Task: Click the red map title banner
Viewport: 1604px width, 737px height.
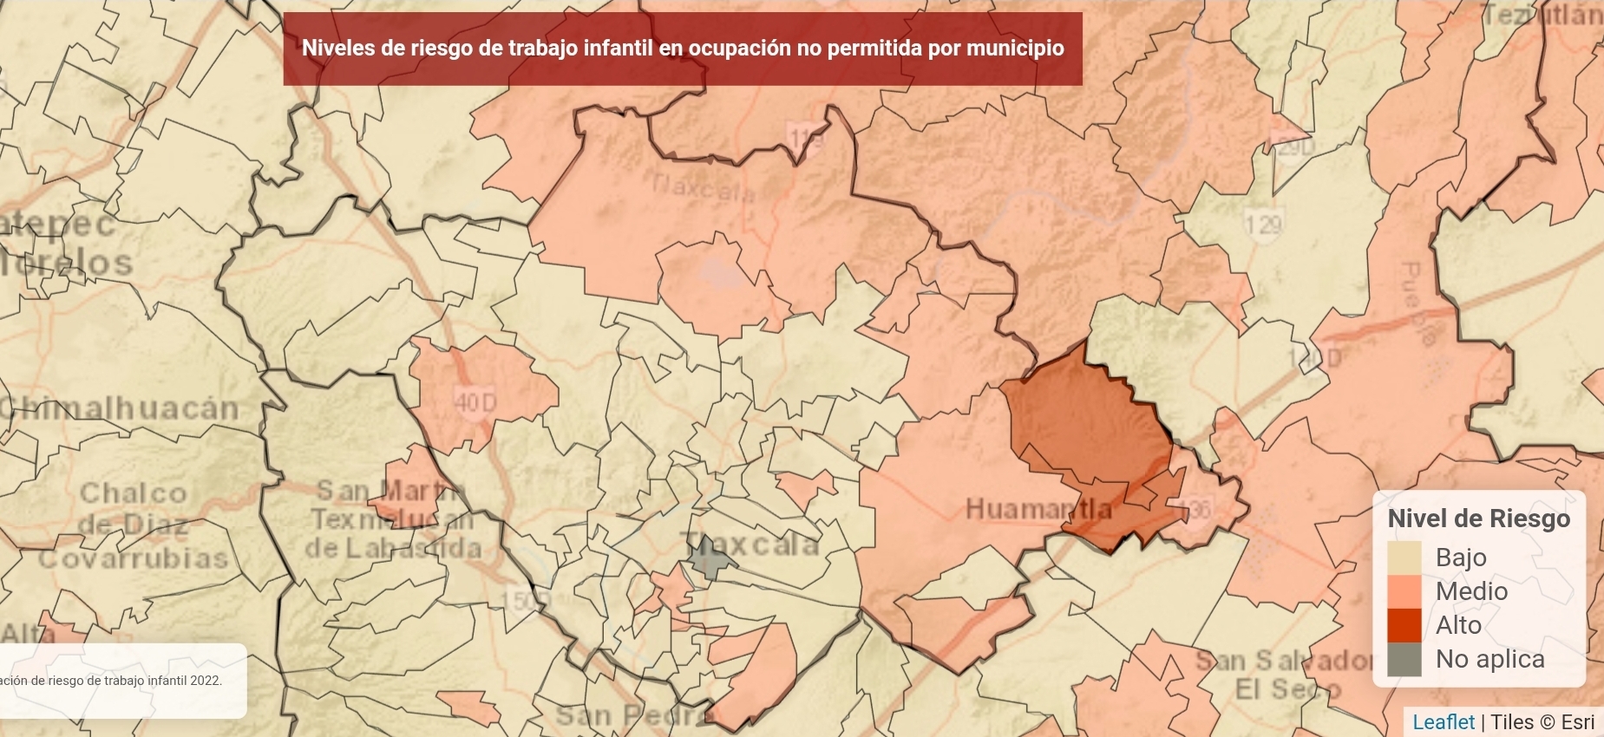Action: tap(682, 49)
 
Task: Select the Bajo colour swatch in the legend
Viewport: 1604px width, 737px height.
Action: tap(1404, 558)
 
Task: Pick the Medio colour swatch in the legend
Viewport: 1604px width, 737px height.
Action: tap(1404, 591)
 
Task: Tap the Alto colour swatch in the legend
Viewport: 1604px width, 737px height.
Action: tap(1404, 625)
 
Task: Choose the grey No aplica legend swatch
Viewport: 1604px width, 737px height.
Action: tap(1404, 659)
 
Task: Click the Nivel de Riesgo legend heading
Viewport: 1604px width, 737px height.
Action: tap(1478, 519)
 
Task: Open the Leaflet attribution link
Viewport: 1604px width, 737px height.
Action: tap(1443, 722)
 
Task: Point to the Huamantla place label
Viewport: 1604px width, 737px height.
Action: tap(1038, 509)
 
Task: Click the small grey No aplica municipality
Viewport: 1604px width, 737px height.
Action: tap(710, 559)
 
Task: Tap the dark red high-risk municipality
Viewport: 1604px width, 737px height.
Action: tap(1089, 425)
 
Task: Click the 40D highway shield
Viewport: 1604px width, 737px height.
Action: tap(475, 403)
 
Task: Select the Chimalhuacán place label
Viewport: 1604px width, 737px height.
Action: tap(120, 408)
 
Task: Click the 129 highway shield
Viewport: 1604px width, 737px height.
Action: tap(1262, 225)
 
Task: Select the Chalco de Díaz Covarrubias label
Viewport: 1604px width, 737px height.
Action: tap(133, 525)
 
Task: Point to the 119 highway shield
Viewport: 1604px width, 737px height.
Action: tap(805, 137)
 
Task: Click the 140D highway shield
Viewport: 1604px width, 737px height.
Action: tap(1313, 357)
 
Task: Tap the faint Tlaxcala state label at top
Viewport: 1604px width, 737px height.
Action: tap(703, 187)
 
